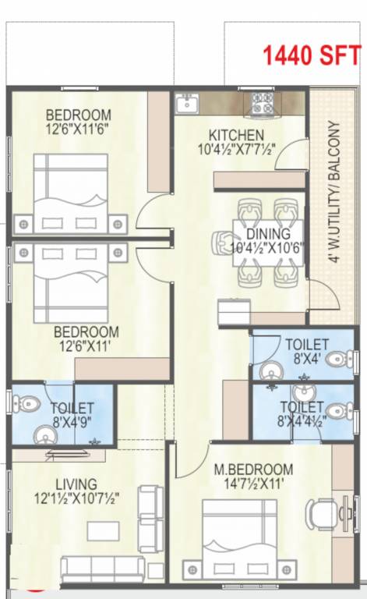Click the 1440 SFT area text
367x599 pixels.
310,55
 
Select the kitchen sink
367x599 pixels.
186,104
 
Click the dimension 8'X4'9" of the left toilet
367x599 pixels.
72,421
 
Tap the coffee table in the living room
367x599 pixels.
103,531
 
